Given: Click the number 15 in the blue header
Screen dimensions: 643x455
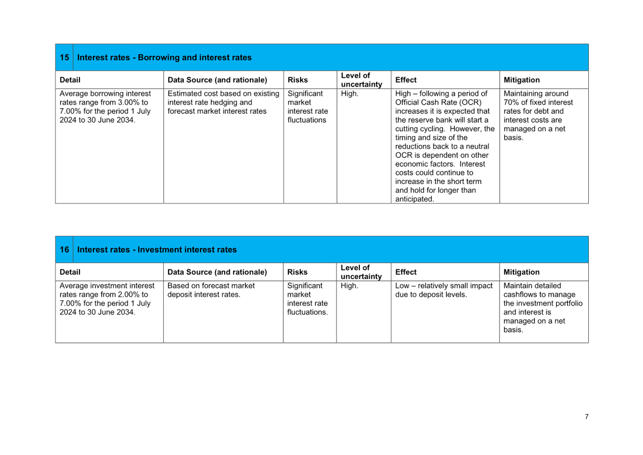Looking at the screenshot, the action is [64, 58].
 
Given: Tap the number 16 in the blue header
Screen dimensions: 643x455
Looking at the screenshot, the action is [64, 250].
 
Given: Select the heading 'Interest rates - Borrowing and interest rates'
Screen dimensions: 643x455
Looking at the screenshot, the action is [164, 58].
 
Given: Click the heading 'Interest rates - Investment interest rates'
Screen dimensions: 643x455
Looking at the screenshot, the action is [157, 250].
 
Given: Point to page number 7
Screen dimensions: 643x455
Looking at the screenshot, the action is [587, 417].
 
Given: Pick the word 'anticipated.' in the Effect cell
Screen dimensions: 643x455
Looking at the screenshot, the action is [414, 199].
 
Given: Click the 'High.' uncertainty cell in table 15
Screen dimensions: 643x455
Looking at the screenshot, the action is [350, 94].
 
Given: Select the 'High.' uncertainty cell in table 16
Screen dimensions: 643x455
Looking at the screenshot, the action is [350, 286].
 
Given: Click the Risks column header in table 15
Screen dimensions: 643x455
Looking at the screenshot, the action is [298, 80].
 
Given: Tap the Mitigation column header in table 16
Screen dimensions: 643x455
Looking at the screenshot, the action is [521, 272].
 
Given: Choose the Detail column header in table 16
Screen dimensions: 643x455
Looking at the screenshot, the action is [70, 272].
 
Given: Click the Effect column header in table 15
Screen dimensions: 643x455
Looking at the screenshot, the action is [406, 80].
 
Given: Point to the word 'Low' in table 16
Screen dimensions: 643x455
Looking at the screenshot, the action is [402, 286].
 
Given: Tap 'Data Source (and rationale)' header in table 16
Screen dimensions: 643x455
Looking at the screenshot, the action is [217, 272].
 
